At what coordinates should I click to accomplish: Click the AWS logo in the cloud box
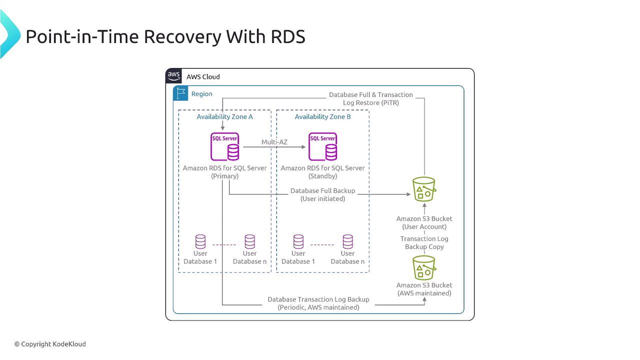tap(173, 76)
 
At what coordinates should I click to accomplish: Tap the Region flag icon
tap(180, 93)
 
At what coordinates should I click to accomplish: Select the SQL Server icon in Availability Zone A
tap(225, 146)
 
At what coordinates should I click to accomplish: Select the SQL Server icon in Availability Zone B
tap(323, 146)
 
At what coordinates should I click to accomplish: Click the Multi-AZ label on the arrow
tap(274, 142)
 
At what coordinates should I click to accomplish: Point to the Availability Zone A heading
tap(224, 116)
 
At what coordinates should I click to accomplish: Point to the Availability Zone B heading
tap(322, 116)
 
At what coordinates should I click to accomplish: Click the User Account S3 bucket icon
tap(424, 189)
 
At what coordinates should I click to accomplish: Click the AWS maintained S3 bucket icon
tap(424, 267)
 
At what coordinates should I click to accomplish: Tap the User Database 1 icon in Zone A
tap(200, 241)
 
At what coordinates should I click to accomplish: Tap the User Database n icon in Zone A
tap(250, 241)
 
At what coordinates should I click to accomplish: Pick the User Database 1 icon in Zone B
tap(298, 241)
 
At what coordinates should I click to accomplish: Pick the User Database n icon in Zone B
tap(348, 241)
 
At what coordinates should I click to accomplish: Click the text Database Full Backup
tap(322, 190)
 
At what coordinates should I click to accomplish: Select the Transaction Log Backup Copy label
tap(424, 242)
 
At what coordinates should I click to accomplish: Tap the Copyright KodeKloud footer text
tap(50, 344)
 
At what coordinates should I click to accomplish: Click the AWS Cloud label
tap(203, 76)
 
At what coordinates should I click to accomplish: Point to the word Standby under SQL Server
tap(323, 176)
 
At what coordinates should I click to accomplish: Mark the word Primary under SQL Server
tap(224, 176)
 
